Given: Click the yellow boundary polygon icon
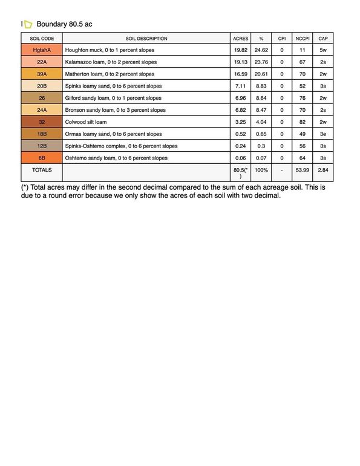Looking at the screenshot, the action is [28, 24].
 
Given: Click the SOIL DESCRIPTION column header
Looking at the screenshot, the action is [146, 38].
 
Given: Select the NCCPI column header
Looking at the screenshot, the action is [303, 38].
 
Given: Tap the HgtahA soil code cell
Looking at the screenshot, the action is [42, 50].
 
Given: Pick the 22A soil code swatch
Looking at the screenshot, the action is [42, 62].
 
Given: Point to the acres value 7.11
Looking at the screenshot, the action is [241, 86].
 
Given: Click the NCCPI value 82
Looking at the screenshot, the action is [303, 122].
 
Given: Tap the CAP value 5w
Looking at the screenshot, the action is [323, 50].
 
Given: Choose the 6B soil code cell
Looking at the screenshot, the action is [42, 158].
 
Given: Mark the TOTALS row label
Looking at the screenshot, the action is [42, 170].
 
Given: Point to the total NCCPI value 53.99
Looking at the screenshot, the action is [303, 170].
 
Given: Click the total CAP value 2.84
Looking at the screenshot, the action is [323, 170].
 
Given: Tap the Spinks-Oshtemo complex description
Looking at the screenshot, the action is [121, 146].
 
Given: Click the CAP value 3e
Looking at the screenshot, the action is [323, 134].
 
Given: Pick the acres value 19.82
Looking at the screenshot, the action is [241, 50].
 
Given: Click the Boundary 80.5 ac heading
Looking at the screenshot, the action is [64, 24].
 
